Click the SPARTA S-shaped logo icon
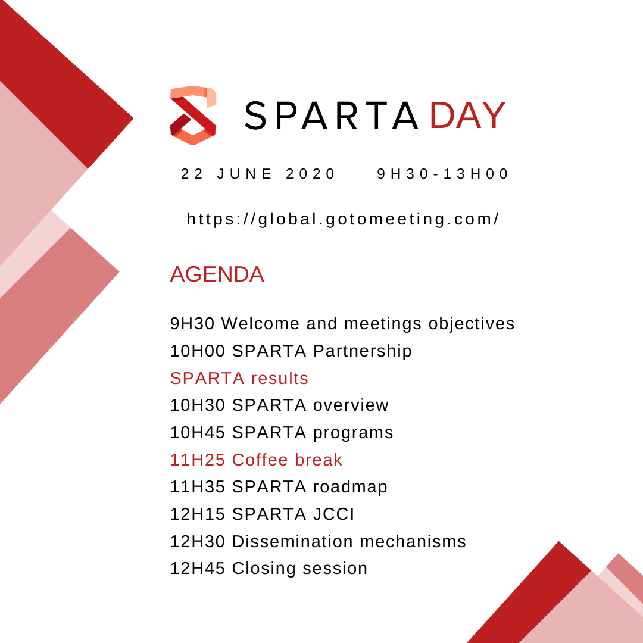[193, 116]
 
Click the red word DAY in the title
[467, 116]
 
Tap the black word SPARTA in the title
[332, 116]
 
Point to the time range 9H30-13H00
[442, 174]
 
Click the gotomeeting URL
[343, 219]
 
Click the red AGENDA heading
[217, 274]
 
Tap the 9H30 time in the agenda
[192, 323]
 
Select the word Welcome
[260, 323]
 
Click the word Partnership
[363, 351]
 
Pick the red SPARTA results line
[239, 378]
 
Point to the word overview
[351, 405]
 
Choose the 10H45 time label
[198, 433]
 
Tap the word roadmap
[350, 487]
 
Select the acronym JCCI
[334, 514]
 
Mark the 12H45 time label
[198, 569]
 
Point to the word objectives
[472, 324]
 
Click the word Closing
[264, 569]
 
